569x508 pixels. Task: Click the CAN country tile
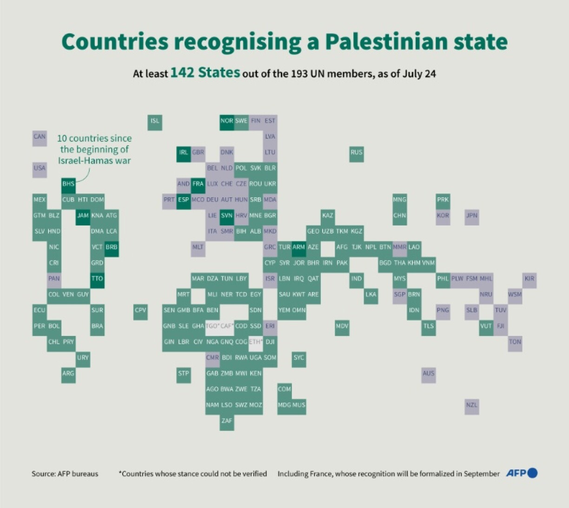click(40, 137)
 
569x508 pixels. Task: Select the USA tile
click(40, 168)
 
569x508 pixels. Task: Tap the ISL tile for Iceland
click(155, 121)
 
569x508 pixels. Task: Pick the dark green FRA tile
click(198, 184)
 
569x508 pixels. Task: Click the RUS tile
click(357, 153)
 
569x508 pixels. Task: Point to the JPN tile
click(472, 216)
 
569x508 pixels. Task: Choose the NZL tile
click(472, 405)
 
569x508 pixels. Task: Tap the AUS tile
click(429, 374)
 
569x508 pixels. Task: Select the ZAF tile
click(227, 421)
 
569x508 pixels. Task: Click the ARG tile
click(68, 374)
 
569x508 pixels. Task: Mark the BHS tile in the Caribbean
click(68, 184)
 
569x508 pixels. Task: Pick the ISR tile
click(270, 279)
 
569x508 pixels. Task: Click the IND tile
click(357, 279)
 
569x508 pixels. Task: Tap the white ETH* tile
click(256, 342)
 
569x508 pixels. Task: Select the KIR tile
click(529, 279)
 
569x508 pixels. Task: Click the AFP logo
click(521, 473)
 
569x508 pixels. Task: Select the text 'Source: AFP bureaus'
click(65, 474)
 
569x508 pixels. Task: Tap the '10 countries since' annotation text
click(94, 139)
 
